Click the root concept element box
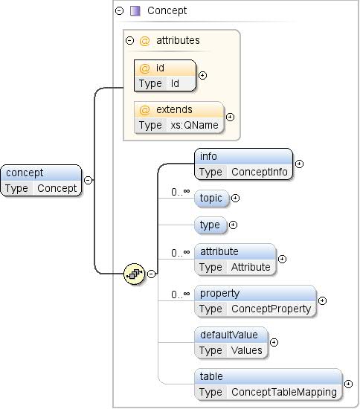tap(42, 180)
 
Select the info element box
tap(244, 164)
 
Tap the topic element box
tap(211, 199)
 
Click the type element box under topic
tap(210, 225)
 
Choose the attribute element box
tap(235, 259)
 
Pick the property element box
tap(255, 300)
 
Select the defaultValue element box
tap(231, 342)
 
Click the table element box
tap(269, 384)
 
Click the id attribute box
tap(165, 75)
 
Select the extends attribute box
tap(179, 117)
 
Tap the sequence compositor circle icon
tap(134, 274)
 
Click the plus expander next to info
tap(299, 164)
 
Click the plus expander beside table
tap(348, 384)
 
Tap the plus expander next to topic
tap(235, 199)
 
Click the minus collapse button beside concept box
tap(88, 180)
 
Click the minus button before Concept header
tap(119, 10)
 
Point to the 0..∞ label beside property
tap(181, 294)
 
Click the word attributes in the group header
tap(177, 40)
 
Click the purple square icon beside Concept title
tap(135, 10)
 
